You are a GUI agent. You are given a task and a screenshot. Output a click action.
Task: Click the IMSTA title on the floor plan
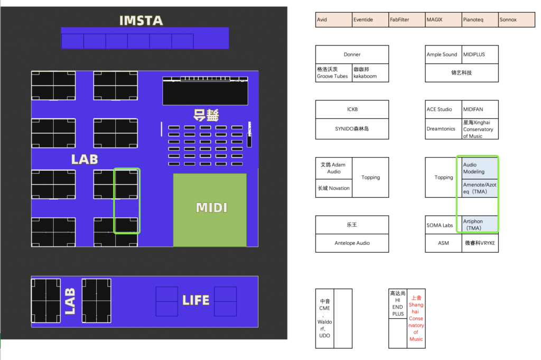point(141,21)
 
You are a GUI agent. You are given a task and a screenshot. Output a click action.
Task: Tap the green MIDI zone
point(210,209)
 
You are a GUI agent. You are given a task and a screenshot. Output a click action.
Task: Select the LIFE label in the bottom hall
point(195,300)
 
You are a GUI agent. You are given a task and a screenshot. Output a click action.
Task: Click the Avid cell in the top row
point(333,20)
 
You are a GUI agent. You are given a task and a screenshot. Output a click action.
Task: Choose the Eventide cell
point(370,20)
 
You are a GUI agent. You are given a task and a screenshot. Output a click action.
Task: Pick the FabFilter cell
point(406,20)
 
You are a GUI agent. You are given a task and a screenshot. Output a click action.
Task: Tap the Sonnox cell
point(516,20)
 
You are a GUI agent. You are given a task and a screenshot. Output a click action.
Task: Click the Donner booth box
point(352,54)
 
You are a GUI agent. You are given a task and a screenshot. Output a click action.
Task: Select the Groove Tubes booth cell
point(333,73)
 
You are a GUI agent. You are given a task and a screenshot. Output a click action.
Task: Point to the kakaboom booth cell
point(370,73)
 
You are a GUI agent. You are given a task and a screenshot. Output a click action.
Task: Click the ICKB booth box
point(352,109)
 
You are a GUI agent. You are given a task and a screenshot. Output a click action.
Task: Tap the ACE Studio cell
point(443,109)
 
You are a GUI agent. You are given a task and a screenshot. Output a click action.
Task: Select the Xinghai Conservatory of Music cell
point(480,129)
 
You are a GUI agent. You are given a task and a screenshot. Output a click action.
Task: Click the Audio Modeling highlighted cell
point(480,168)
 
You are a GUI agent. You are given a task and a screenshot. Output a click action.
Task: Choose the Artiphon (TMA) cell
point(480,225)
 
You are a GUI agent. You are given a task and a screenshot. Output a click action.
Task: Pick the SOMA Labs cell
point(443,225)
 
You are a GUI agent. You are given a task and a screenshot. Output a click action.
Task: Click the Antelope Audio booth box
point(352,243)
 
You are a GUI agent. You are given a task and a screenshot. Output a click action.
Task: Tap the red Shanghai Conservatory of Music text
point(416,318)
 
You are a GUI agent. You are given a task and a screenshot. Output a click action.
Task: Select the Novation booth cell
point(333,188)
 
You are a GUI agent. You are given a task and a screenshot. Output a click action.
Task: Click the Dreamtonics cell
point(443,129)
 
